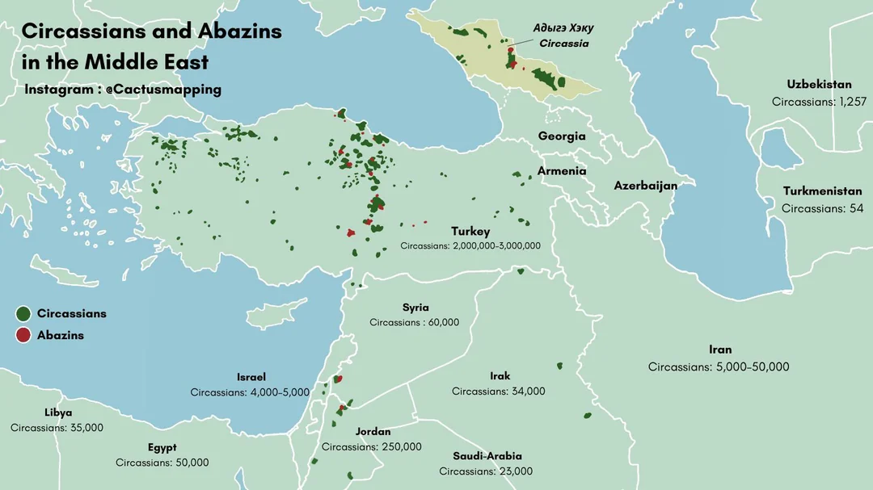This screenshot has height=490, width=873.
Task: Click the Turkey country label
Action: coord(470,232)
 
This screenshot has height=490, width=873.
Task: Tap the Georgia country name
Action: coord(562,136)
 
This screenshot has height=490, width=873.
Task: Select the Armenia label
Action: coord(562,171)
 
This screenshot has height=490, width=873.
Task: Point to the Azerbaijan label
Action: coord(645,186)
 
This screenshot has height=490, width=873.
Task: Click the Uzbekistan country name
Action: coord(819,85)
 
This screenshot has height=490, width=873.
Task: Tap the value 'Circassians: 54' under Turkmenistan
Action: coord(818,208)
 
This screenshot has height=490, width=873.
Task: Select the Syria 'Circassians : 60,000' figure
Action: coord(415,322)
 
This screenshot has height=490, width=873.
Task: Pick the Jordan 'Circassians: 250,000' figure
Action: coord(371,446)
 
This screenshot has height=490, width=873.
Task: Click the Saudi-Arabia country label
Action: coord(487,456)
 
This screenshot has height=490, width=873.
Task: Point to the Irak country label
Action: coord(500,376)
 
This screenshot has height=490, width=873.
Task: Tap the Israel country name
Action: coord(251,377)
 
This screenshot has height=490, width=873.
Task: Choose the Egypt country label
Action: coord(162,448)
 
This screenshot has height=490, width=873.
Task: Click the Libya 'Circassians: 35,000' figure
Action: coord(57,427)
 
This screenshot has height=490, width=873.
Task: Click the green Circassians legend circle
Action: coord(23,313)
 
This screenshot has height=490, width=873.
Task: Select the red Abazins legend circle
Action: coord(23,335)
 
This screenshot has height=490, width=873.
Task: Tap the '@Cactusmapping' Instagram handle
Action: coord(162,90)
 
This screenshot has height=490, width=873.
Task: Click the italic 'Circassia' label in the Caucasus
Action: coord(563,44)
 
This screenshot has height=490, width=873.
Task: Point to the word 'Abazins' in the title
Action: coord(238,31)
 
